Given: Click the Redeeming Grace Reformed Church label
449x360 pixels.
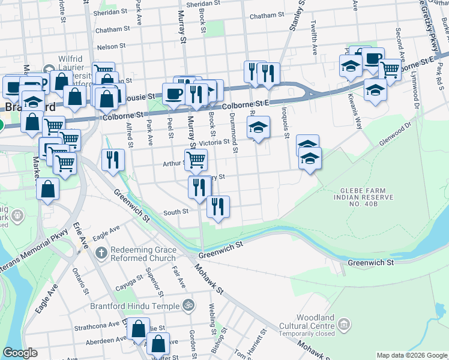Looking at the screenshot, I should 143,253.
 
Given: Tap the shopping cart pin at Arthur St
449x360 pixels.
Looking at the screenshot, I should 196,160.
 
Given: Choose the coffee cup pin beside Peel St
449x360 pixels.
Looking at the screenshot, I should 173,94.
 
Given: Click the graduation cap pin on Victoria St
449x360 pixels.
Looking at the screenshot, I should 258,127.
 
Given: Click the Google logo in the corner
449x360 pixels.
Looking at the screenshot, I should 20,353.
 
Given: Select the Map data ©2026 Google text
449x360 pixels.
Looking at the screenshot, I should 411,355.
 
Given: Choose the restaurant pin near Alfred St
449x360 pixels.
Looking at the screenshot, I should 113,159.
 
